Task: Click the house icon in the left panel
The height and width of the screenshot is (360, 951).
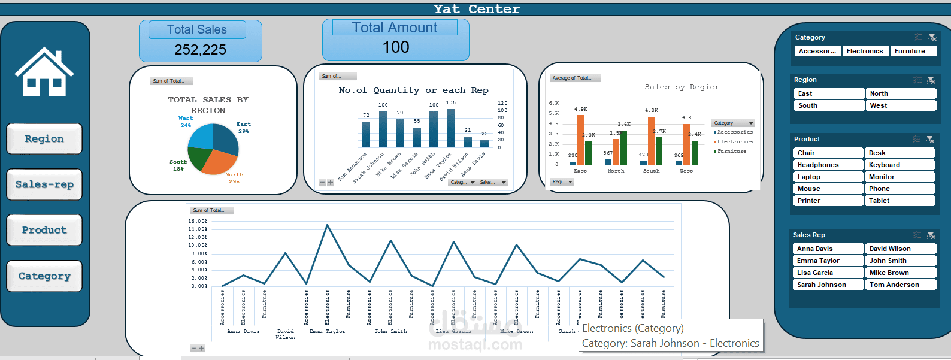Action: (x=44, y=72)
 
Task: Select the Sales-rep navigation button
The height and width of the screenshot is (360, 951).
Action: (x=44, y=184)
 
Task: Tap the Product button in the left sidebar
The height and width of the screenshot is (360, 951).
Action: (x=44, y=230)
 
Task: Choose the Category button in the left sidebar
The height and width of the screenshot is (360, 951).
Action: (x=44, y=276)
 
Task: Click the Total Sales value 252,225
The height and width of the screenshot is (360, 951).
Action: (x=200, y=50)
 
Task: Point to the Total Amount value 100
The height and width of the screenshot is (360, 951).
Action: (x=396, y=47)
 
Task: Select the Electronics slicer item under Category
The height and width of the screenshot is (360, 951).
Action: (x=865, y=52)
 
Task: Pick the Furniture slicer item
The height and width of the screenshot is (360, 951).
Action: (x=910, y=52)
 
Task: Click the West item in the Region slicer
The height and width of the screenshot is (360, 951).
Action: (x=900, y=105)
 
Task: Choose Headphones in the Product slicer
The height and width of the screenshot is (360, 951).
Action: (x=828, y=165)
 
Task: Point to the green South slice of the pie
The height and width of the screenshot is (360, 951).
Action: (x=199, y=159)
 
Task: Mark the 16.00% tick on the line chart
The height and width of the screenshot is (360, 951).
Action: (x=198, y=221)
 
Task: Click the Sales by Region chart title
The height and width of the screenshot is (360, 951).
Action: (x=682, y=87)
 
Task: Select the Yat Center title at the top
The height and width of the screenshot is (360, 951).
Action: (x=477, y=9)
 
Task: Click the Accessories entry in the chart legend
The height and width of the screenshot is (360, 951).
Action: (x=734, y=132)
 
